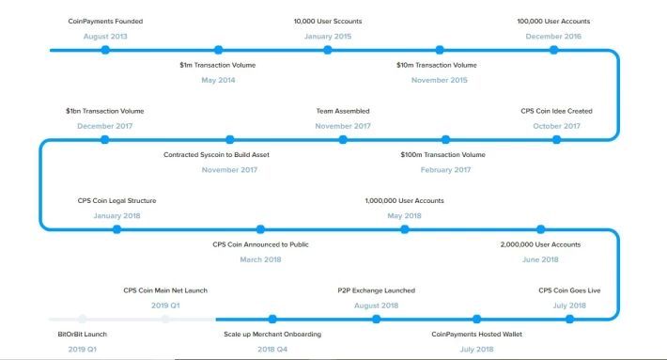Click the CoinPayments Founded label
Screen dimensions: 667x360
[x=105, y=22]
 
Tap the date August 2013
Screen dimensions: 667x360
[x=105, y=37]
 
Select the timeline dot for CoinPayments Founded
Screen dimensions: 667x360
[x=105, y=50]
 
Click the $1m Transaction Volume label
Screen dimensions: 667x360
[x=218, y=65]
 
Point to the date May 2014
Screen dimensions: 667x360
[x=218, y=80]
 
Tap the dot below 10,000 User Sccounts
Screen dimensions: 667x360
[x=328, y=50]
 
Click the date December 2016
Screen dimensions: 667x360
[x=553, y=37]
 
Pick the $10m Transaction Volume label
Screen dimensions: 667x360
[x=437, y=65]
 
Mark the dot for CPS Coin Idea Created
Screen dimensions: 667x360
[x=556, y=139]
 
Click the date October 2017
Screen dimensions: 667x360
[x=556, y=126]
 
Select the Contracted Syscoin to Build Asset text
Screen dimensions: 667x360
[x=216, y=155]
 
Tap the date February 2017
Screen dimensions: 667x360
[x=446, y=170]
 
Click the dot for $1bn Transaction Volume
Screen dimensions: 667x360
[x=104, y=139]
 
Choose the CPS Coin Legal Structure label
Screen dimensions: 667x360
[x=117, y=201]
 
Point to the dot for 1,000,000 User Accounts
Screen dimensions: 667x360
[x=405, y=229]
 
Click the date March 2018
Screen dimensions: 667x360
[x=261, y=259]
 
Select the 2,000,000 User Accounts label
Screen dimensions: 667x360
[x=540, y=244]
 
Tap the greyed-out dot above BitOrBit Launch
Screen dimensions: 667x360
[x=83, y=320]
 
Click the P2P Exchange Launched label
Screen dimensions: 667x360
[x=377, y=290]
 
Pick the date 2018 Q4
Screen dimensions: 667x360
[x=272, y=350]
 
